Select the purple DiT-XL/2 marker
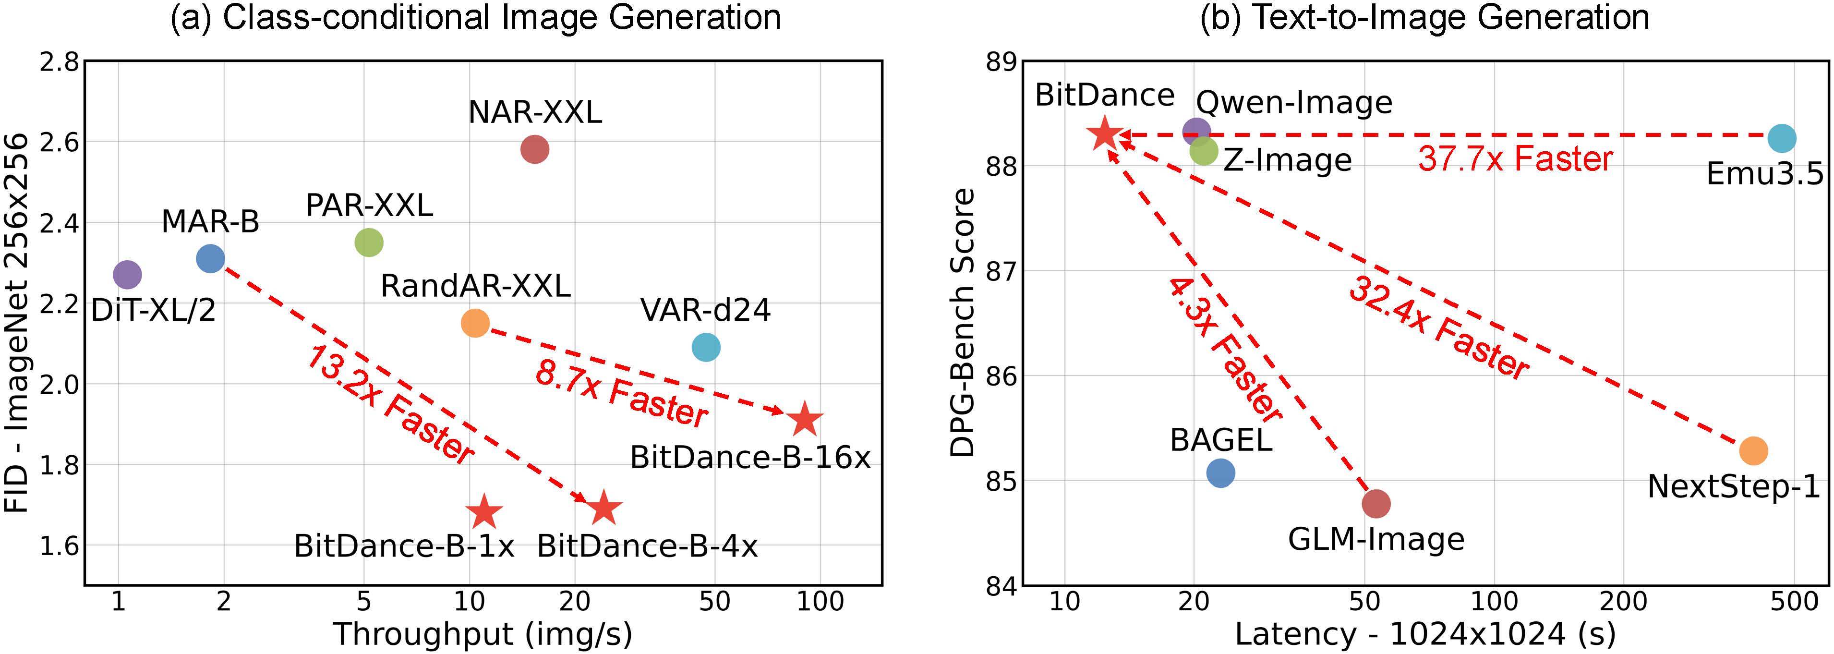tap(127, 274)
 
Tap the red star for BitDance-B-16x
tap(805, 419)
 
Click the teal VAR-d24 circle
tap(706, 347)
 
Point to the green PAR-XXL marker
tap(369, 242)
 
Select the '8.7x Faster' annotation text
tap(621, 394)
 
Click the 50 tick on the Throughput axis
tap(714, 602)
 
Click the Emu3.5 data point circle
tap(1782, 138)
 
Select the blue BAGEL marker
tap(1220, 473)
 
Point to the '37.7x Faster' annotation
tap(1515, 159)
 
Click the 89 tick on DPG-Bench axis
tap(1001, 63)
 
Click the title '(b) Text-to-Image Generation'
tap(1424, 17)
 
